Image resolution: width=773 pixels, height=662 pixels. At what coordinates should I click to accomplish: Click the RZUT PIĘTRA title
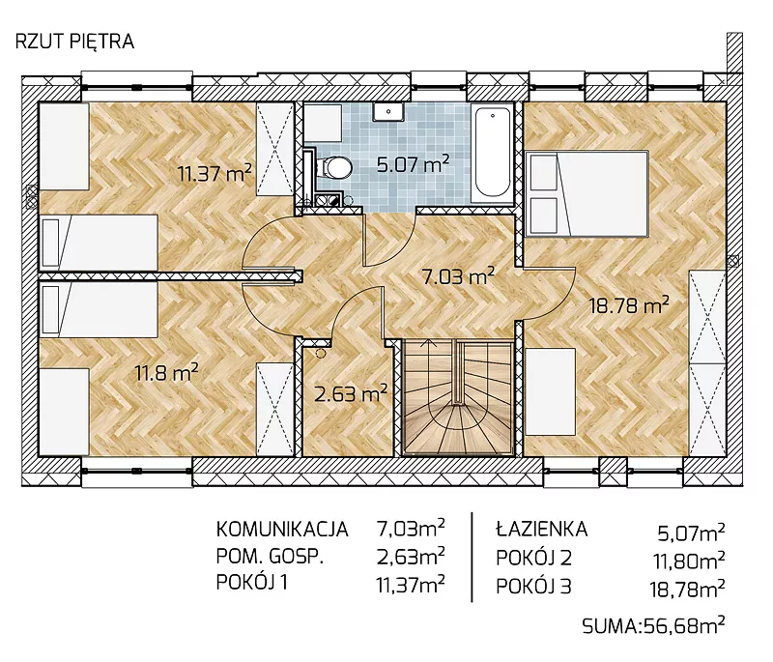(75, 42)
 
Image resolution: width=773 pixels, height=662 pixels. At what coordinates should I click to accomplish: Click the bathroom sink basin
(388, 112)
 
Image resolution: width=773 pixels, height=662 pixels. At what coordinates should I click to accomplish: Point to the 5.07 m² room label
(414, 163)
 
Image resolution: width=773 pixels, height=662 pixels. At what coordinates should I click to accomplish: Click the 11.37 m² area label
(215, 173)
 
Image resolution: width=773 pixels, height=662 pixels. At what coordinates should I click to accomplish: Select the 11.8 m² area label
(166, 373)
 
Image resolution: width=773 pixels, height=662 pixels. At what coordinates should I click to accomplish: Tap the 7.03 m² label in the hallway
(458, 276)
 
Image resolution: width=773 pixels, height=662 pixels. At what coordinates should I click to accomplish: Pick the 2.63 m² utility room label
(351, 394)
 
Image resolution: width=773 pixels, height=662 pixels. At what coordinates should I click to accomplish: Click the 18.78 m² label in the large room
(630, 305)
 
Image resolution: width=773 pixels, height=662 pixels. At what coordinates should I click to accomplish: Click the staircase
(458, 397)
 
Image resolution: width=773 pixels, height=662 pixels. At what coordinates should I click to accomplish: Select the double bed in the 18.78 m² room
(587, 193)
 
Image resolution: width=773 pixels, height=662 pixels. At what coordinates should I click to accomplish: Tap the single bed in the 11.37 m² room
(99, 242)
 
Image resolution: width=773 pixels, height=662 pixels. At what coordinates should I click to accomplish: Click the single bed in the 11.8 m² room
(99, 309)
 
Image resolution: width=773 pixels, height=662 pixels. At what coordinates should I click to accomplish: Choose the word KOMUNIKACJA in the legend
(282, 530)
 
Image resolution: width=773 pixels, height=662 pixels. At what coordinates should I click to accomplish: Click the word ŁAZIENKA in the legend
(541, 530)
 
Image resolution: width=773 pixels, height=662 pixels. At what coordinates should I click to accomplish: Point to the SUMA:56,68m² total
(653, 626)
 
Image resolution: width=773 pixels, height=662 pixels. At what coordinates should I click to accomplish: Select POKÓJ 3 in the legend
(533, 587)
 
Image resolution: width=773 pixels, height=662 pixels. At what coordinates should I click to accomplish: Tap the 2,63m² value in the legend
(411, 556)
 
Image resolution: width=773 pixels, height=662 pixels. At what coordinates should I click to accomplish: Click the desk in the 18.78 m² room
(550, 391)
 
